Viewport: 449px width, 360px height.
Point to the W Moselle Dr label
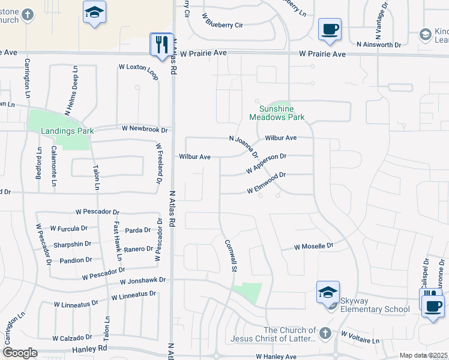tap(313, 247)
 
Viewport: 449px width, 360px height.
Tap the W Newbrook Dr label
tap(144, 128)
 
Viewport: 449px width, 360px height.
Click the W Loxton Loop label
tap(139, 67)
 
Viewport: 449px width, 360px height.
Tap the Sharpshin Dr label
tap(71, 244)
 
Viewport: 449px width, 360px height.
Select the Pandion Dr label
tap(76, 260)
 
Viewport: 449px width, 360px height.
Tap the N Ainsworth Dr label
tap(378, 44)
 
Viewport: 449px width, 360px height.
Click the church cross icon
tap(325, 332)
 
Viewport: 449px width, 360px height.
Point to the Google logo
tap(20, 353)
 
